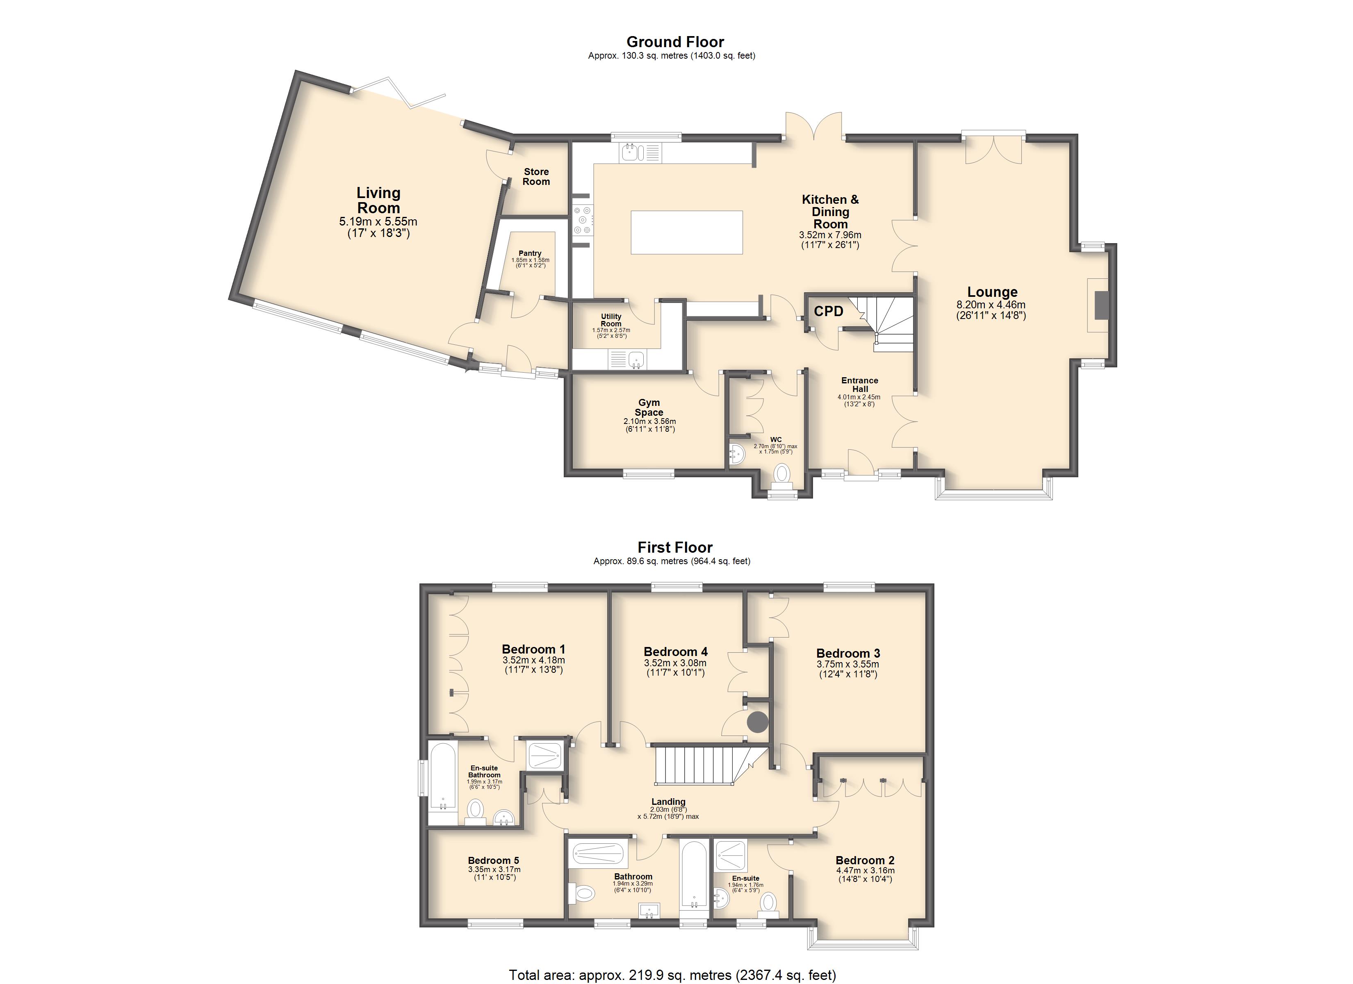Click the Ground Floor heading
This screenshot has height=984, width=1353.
(x=675, y=42)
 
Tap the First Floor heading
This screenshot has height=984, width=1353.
(x=675, y=547)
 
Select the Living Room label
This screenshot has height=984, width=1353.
(x=378, y=200)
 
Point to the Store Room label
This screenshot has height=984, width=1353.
(x=536, y=177)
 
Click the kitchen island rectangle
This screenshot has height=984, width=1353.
(x=687, y=232)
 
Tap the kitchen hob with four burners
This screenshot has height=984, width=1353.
(x=582, y=220)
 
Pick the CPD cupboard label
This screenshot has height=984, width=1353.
(x=829, y=311)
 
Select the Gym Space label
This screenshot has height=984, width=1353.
(x=649, y=408)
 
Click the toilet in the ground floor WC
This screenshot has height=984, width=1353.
(x=781, y=476)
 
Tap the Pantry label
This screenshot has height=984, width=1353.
(x=530, y=253)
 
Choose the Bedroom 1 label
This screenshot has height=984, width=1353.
(x=533, y=649)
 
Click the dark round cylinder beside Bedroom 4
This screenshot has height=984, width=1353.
(x=757, y=723)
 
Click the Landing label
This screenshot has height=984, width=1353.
(x=668, y=802)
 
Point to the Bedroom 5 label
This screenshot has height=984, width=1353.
(x=493, y=861)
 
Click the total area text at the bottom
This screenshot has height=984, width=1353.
(x=672, y=975)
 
